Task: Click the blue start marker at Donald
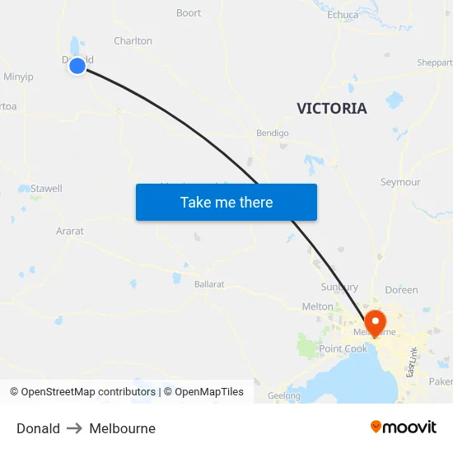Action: [77, 66]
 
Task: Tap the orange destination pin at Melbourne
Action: [375, 322]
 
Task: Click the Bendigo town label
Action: [272, 133]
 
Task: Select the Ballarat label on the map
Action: [209, 283]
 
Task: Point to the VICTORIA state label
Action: [332, 109]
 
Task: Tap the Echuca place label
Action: [343, 15]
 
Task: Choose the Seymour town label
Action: [400, 182]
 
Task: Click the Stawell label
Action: [46, 189]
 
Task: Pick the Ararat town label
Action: [70, 231]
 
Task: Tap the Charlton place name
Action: [133, 41]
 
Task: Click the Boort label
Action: [189, 13]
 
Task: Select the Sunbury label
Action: [339, 287]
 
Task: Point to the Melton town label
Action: [318, 306]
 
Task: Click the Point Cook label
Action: [343, 349]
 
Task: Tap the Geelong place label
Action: [284, 395]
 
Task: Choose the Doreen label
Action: [401, 290]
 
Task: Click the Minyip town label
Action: [18, 77]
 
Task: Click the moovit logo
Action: [403, 427]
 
